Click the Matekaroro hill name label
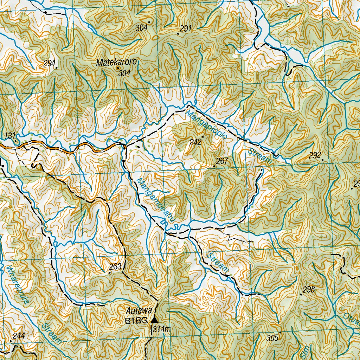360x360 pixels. pos(117,63)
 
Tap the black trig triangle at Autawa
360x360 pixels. pos(154,320)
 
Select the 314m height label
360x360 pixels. pos(162,329)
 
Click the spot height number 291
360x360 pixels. pos(185,29)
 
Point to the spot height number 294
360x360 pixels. pos(50,64)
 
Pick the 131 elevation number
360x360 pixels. pos(10,136)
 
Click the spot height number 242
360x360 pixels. pos(195,142)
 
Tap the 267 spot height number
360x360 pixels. pos(222,161)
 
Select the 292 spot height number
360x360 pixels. pos(315,155)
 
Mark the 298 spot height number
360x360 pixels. pos(308,290)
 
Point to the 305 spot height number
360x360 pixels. pos(272,338)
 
